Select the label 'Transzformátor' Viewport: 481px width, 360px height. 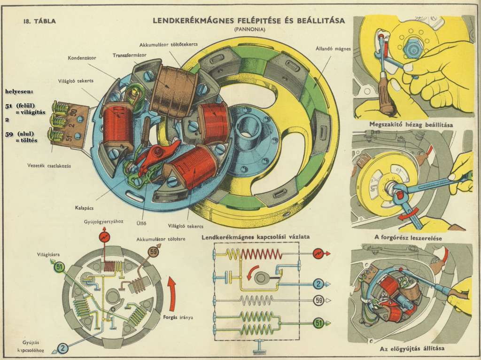130,55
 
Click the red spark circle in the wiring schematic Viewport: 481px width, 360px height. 318,254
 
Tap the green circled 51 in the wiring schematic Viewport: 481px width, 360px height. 318,323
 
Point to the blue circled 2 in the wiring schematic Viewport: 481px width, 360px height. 318,284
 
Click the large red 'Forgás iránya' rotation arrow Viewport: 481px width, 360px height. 172,291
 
